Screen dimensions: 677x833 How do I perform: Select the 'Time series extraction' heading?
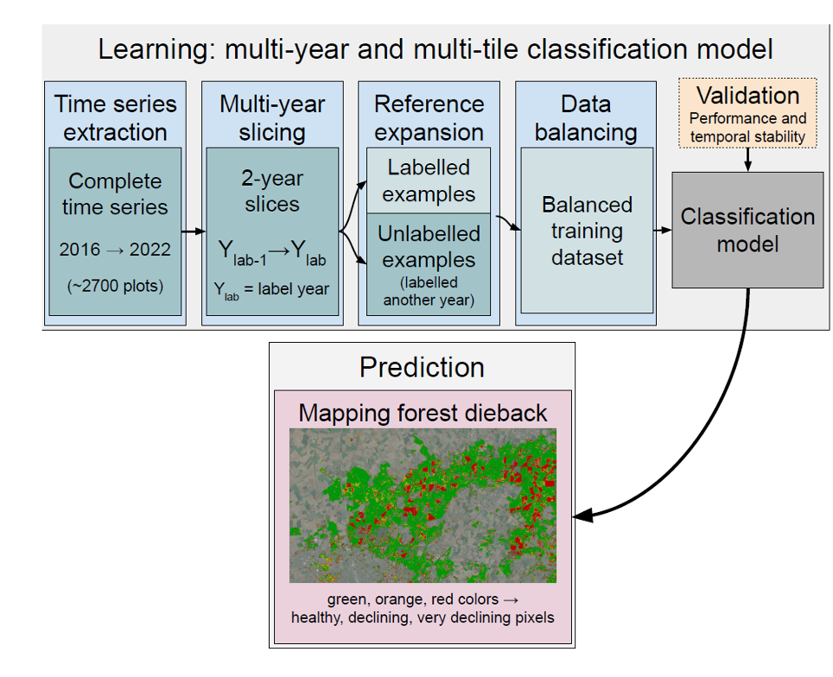pyautogui.click(x=115, y=118)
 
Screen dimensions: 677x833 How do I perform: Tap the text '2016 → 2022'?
pyautogui.click(x=115, y=250)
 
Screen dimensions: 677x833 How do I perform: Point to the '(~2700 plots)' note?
pyautogui.click(x=115, y=285)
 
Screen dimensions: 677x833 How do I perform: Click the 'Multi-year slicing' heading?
pyautogui.click(x=272, y=118)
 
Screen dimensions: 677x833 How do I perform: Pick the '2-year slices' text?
pyautogui.click(x=272, y=192)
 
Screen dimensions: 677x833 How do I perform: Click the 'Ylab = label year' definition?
pyautogui.click(x=272, y=290)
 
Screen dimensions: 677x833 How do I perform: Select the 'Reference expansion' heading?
pyautogui.click(x=429, y=118)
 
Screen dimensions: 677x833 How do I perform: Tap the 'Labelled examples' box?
pyautogui.click(x=429, y=180)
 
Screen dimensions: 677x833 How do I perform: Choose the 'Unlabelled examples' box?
pyautogui.click(x=429, y=247)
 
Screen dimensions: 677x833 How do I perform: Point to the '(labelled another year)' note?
pyautogui.click(x=429, y=291)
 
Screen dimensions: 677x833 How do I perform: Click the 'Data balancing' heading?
pyautogui.click(x=586, y=118)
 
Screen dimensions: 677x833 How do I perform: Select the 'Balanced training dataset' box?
pyautogui.click(x=587, y=231)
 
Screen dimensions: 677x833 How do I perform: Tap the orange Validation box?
pyautogui.click(x=747, y=113)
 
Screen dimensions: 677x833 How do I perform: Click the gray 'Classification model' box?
pyautogui.click(x=747, y=230)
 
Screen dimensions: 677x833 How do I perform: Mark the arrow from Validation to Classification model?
pyautogui.click(x=747, y=159)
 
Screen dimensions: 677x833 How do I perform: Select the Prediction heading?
pyautogui.click(x=422, y=367)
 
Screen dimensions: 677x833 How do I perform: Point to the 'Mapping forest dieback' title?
pyautogui.click(x=423, y=413)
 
